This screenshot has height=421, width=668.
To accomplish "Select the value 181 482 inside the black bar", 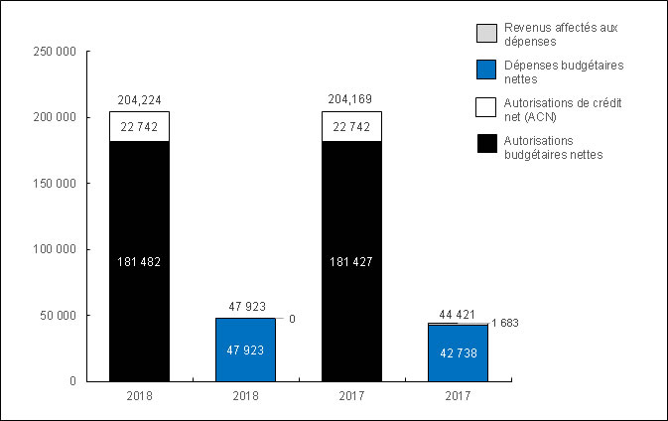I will tap(139, 262).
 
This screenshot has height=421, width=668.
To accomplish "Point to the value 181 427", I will tap(351, 262).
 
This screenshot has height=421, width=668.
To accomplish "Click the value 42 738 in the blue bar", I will tap(458, 352).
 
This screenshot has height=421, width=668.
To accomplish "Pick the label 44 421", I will tap(458, 315).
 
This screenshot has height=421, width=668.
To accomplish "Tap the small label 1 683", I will tap(504, 324).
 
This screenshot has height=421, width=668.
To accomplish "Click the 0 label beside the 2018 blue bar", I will tap(292, 319).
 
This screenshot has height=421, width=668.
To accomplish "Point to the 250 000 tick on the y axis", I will tap(55, 52).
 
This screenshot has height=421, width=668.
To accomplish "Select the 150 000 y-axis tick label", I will tap(55, 184).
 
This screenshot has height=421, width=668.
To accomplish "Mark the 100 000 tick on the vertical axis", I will tap(55, 250).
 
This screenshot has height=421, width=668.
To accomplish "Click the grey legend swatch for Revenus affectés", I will tap(485, 33).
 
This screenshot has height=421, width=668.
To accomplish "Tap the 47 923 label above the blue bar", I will tap(245, 307).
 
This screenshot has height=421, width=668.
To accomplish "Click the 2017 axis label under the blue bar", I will tap(458, 395).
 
